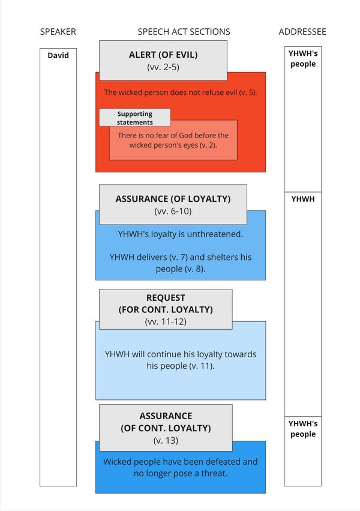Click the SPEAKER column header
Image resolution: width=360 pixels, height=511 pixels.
coord(58,32)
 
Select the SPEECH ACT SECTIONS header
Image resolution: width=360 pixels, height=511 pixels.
coord(184,32)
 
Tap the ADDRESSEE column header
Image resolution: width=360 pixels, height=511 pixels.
coord(302,32)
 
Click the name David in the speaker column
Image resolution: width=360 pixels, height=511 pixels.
coord(58,56)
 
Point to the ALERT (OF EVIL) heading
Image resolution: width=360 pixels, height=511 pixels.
coord(163,55)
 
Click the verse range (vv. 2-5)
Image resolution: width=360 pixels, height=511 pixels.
coord(163,67)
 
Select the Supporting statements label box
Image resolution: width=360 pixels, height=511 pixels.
coord(135,118)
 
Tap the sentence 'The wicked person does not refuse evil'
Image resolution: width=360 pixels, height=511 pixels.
coord(180,92)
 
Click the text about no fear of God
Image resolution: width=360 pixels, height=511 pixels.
coord(173,140)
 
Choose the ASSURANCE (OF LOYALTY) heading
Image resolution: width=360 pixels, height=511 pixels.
coord(173,198)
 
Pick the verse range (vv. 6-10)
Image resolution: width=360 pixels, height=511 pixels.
coord(173,211)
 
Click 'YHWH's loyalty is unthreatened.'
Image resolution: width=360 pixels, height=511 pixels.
coord(181,234)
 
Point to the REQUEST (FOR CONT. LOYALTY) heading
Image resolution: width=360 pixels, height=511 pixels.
coord(166,304)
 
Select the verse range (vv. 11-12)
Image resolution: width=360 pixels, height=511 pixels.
coord(166,322)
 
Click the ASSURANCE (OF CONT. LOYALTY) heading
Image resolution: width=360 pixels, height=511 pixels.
coord(166,422)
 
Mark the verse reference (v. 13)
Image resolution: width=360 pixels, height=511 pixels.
coord(166,441)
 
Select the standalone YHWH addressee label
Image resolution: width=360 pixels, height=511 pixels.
coord(303,199)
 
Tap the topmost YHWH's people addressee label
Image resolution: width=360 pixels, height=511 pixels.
coord(303,59)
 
